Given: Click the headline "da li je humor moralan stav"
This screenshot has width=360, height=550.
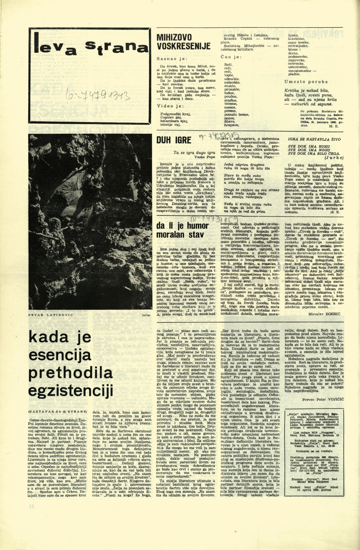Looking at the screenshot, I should pos(182,230).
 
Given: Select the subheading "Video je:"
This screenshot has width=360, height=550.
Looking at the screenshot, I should pos(170,106).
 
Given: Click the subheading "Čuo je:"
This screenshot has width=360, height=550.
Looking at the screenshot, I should pos(231,57).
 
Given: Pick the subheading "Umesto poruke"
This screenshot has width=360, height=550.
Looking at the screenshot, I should pos(306,82).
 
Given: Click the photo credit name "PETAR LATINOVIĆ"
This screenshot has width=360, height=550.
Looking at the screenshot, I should pos(51,315).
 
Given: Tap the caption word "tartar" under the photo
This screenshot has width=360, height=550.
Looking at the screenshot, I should pos(146,315).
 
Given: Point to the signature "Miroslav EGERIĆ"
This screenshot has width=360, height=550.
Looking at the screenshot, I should pos(324,314).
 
